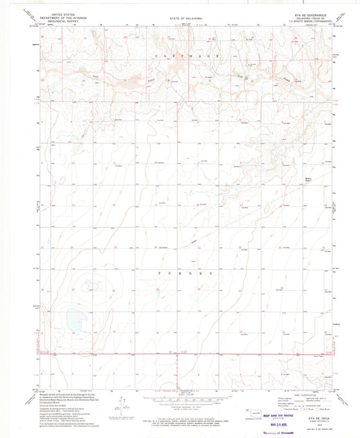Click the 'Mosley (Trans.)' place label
309,180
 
